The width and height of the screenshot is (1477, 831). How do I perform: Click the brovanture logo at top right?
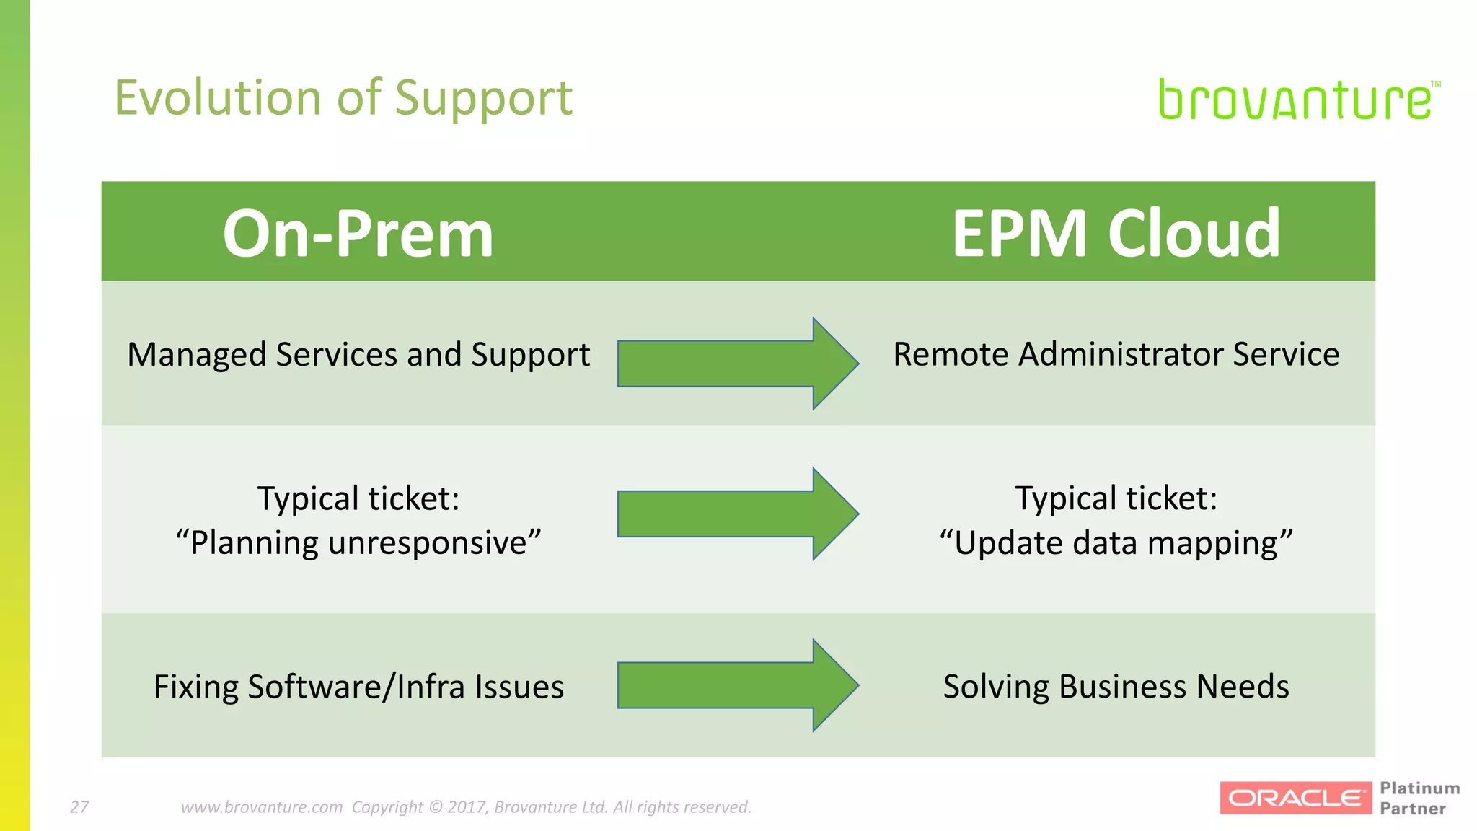(x=1295, y=100)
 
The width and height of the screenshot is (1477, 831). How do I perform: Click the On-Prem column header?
(x=358, y=233)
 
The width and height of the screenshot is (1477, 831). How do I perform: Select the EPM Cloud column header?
(x=1116, y=233)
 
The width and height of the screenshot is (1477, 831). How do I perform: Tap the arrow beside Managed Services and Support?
(x=737, y=364)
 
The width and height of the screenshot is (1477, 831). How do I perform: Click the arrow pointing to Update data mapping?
(x=737, y=514)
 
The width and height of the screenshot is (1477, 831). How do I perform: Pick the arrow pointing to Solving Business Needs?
(x=737, y=685)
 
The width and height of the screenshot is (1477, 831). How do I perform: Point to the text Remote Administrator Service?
(x=1116, y=354)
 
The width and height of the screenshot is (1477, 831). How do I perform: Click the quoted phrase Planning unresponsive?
(x=358, y=542)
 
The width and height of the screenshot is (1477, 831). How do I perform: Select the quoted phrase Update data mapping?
(x=1116, y=542)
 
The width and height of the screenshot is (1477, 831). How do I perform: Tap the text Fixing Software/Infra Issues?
(x=358, y=687)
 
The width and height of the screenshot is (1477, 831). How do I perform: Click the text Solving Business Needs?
(x=1116, y=686)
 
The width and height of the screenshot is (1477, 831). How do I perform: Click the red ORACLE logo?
(x=1295, y=798)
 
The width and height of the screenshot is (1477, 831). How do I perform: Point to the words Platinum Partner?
(x=1419, y=798)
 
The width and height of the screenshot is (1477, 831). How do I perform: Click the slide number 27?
(x=79, y=807)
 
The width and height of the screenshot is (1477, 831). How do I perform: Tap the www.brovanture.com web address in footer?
(x=261, y=807)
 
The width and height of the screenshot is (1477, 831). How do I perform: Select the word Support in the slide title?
(x=483, y=100)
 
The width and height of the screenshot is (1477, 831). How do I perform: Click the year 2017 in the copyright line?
(x=466, y=807)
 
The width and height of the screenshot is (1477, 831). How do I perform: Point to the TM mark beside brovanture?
(x=1435, y=84)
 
